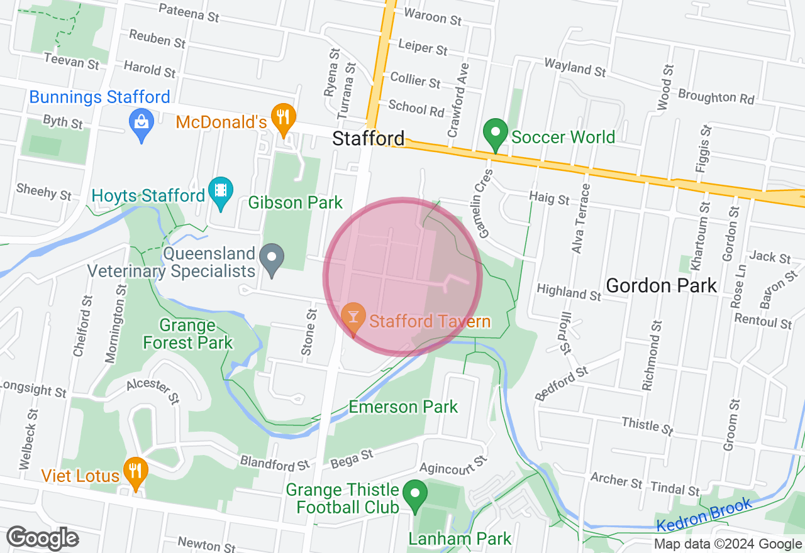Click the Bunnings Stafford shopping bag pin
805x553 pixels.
(x=142, y=122)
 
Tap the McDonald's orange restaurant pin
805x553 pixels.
(x=284, y=118)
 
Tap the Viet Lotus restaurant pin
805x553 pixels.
(x=135, y=471)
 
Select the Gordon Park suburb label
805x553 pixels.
(x=661, y=286)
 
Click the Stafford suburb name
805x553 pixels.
(x=369, y=138)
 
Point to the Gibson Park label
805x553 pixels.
(x=296, y=202)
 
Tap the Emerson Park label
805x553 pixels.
(x=403, y=407)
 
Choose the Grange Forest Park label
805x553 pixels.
(x=188, y=334)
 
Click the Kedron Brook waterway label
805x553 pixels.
(x=704, y=514)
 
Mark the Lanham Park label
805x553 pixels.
(x=460, y=539)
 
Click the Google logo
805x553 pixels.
(x=43, y=539)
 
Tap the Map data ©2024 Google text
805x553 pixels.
(x=727, y=544)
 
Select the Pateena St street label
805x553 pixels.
(x=189, y=13)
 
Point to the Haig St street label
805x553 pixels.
(x=549, y=199)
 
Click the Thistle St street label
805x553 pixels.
(x=648, y=426)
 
